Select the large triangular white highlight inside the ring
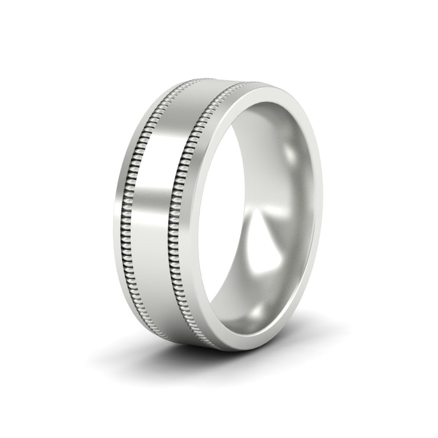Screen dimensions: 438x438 pyautogui.click(x=263, y=245)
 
